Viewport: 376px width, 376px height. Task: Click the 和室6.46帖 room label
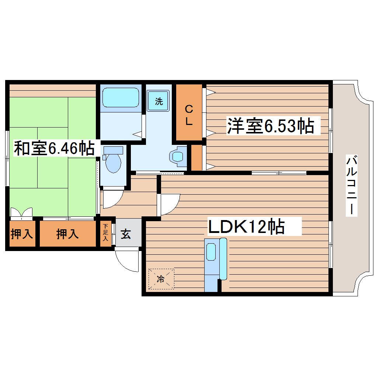point(54,148)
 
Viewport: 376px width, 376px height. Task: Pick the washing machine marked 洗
point(159,101)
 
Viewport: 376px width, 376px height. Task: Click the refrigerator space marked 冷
point(161,279)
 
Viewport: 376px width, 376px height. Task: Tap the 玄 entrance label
point(126,234)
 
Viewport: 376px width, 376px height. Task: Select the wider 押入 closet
point(67,234)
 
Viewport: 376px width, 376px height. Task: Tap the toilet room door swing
point(112,199)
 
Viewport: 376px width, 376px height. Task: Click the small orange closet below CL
point(196,157)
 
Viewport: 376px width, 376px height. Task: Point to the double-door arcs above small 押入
point(21,213)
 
